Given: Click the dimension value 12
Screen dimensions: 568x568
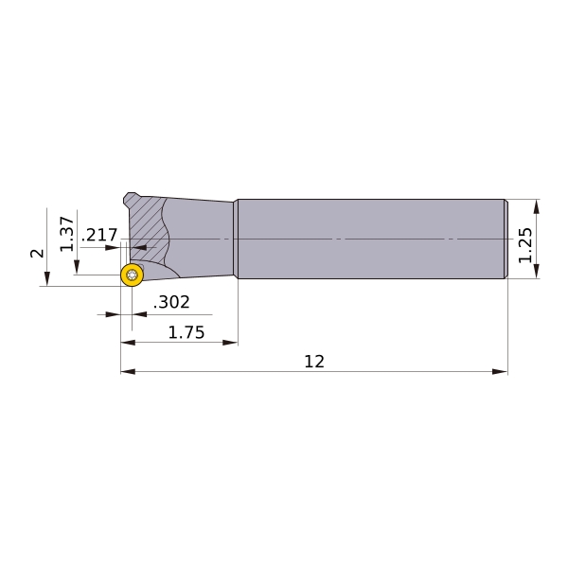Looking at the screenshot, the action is coord(314,362).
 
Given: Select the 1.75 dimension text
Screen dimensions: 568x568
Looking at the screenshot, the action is coord(186,332).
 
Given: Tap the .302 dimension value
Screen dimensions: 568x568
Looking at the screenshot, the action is coord(171,302).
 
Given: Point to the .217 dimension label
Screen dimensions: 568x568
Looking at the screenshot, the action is coord(99,235).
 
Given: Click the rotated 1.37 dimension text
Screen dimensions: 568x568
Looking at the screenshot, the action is coord(67,234).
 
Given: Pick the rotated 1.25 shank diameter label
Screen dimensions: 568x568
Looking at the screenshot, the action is coord(525,245).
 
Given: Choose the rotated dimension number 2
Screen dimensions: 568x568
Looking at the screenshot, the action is coord(37,253).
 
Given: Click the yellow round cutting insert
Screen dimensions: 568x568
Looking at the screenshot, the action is coord(132,275).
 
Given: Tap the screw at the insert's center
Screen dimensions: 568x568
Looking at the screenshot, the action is coord(132,275).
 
